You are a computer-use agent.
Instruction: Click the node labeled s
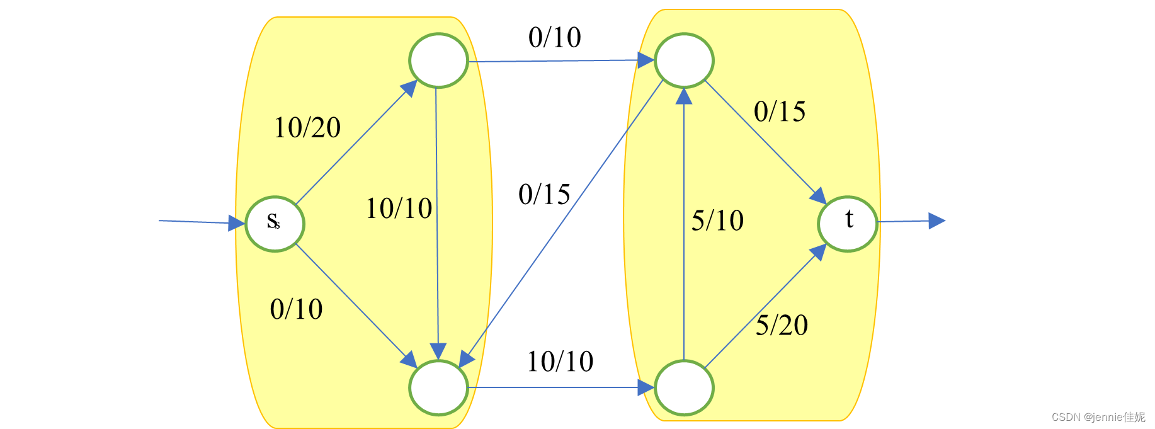(275, 224)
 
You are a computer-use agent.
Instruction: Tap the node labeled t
(847, 224)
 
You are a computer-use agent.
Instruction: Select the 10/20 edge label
(307, 128)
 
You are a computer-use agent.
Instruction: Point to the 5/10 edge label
(717, 220)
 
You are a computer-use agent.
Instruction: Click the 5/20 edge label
(782, 325)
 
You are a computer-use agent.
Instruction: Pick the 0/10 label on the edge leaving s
(296, 309)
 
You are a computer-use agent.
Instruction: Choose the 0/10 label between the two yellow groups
(554, 38)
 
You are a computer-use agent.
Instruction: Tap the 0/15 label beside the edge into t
(780, 112)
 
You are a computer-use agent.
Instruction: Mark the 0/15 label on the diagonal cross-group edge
(544, 194)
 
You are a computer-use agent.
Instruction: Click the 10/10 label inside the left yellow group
(399, 209)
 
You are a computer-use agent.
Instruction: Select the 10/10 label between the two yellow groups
(560, 362)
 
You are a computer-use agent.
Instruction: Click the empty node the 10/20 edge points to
(438, 60)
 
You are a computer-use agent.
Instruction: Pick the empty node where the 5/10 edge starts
(684, 387)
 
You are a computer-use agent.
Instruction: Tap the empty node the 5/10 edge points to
(684, 60)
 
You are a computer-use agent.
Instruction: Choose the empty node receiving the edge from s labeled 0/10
(438, 387)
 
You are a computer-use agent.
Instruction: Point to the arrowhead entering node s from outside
(237, 223)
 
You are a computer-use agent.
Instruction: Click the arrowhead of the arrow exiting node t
(937, 220)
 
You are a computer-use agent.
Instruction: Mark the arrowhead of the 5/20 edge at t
(818, 252)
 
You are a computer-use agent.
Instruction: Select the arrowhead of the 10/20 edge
(409, 88)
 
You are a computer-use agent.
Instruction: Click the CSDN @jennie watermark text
(1098, 417)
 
